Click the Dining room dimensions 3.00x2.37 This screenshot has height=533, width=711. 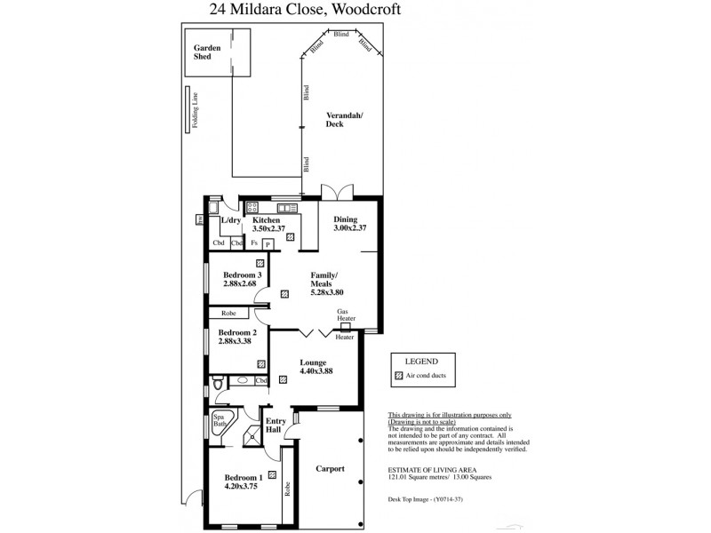349,228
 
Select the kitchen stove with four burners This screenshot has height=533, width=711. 252,208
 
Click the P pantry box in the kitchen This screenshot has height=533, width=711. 267,243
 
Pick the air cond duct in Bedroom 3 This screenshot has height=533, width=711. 260,263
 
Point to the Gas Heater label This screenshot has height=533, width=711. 346,314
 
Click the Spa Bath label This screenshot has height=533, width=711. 219,420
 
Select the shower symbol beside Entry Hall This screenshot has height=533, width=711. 253,434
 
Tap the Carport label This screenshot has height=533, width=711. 331,468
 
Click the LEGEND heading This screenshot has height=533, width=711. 421,362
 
